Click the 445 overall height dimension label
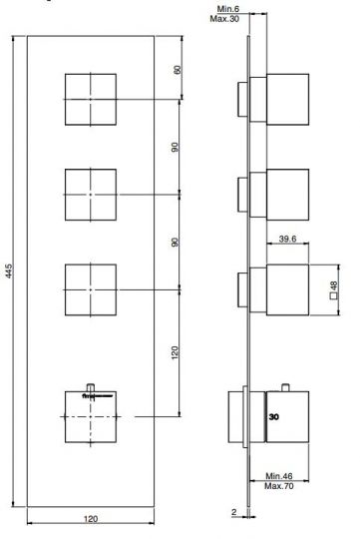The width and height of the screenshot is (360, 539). coord(9,270)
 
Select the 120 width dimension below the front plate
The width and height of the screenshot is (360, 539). coord(91,519)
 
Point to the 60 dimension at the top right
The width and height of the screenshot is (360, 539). coord(178,70)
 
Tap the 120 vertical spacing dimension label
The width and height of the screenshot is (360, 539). coord(175,352)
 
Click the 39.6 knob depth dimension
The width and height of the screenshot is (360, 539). coord(287,239)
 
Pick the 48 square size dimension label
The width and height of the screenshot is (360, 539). coord(333,284)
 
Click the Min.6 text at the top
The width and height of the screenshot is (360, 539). coord(228,9)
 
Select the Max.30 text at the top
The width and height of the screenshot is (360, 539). coord(224,19)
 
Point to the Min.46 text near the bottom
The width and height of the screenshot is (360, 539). coord(279,476)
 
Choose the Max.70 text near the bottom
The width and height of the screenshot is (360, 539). coord(279,486)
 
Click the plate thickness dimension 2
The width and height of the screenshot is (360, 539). coord(234,512)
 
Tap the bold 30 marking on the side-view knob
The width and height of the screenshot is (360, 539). coord(274,417)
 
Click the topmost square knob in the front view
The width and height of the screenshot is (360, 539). coord(91,100)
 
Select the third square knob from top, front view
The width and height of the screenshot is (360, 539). coord(91,289)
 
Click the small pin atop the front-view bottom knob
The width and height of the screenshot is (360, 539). coord(91,387)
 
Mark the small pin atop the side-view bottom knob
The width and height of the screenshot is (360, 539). coord(285,387)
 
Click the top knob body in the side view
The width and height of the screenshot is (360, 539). coord(287,100)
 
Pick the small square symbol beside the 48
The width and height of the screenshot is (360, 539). coord(333,296)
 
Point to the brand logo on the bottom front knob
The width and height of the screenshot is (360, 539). coord(97,396)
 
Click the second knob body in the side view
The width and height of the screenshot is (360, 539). coord(287,195)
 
